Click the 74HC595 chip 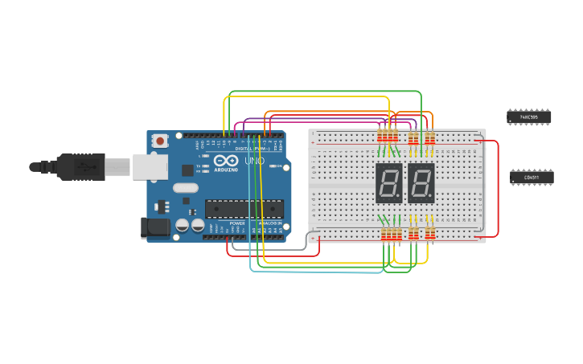coord(529,117)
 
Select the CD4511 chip coord(532,177)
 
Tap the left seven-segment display coord(389,183)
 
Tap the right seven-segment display coord(421,183)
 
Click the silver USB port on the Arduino coord(150,166)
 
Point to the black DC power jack coord(155,227)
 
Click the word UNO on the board coord(254,162)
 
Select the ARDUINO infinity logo coord(226,162)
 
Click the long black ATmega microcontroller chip coord(244,209)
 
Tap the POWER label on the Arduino coord(237,223)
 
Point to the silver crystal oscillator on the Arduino coord(185,189)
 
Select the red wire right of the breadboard coord(498,189)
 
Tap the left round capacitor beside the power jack coord(183,226)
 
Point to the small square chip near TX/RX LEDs coord(187,170)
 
